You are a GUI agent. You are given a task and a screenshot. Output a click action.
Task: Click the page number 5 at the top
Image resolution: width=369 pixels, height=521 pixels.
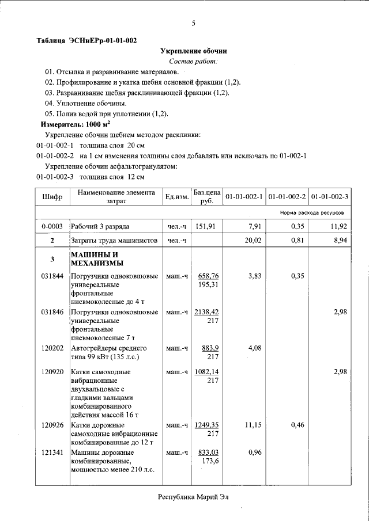pos(193,23)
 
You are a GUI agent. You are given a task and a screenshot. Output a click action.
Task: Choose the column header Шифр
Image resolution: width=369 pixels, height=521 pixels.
pos(52,197)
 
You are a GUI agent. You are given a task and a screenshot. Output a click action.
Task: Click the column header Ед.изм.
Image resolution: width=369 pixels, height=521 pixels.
pos(176,197)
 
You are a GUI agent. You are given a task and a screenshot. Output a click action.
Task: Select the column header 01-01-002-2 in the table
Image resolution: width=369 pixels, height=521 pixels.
pos(287,197)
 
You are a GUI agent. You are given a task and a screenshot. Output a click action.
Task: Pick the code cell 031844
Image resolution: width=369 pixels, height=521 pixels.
pos(52,276)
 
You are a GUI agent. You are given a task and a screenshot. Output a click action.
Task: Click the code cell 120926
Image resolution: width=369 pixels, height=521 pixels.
pos(52,425)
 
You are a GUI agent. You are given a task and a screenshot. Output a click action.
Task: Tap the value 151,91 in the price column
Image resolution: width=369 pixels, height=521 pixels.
pos(207,226)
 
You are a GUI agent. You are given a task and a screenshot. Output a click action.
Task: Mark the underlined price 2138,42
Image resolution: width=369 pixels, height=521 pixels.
pos(206,312)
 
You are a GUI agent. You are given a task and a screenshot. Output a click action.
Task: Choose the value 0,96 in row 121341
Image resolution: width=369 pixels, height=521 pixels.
pos(254,452)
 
